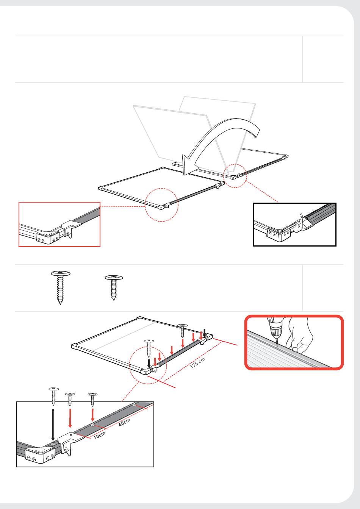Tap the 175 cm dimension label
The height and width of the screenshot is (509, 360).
coord(198,363)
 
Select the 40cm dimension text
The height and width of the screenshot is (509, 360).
coord(124,422)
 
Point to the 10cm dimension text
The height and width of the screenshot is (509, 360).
coord(100,435)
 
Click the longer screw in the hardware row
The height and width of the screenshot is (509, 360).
coord(60,287)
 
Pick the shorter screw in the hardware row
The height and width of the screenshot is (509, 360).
coord(114,287)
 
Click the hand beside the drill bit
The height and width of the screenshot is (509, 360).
coord(298,335)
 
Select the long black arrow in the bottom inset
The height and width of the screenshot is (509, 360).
coord(53,425)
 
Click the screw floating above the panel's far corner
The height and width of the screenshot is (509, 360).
coord(182,330)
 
